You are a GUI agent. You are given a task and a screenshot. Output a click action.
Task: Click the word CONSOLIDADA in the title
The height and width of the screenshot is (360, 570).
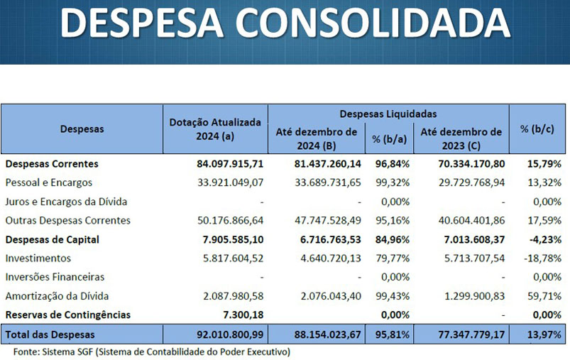point(373,23)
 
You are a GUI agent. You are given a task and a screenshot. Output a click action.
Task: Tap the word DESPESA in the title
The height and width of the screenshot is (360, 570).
point(146,23)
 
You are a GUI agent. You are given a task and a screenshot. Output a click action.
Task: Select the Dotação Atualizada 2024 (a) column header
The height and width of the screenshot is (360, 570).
point(216,129)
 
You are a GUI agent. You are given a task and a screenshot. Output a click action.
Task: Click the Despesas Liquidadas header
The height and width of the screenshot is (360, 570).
point(388,114)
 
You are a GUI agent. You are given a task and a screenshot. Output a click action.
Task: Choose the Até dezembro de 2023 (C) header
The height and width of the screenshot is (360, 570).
point(461,138)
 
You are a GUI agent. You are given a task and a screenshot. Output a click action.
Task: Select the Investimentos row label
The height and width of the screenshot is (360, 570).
point(38,258)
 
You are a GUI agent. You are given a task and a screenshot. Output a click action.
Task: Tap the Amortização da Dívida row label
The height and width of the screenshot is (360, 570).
point(57,295)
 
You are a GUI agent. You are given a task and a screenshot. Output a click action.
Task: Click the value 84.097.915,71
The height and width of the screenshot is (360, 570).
point(230,164)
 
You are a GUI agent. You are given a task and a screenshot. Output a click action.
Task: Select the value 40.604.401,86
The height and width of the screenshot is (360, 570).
point(463,220)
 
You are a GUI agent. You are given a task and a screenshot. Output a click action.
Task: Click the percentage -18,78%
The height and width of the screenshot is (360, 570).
point(544,258)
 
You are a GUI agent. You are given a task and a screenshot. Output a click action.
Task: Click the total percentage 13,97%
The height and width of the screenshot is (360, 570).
point(544,334)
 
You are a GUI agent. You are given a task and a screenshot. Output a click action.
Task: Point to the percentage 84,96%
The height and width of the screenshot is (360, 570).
point(390,239)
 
